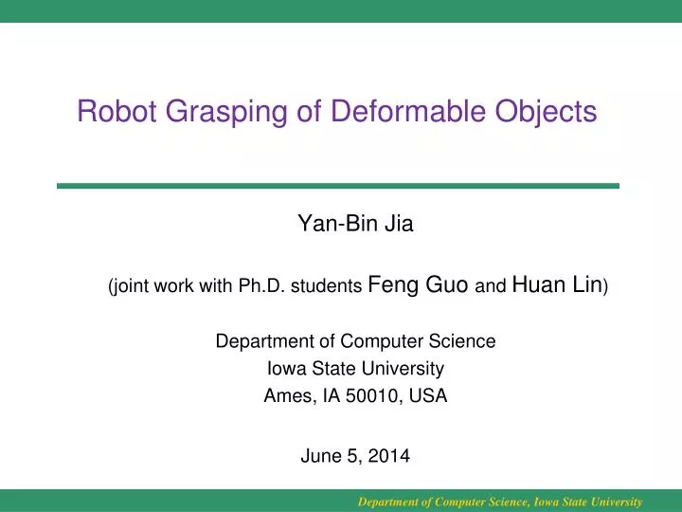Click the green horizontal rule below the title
coord(337,186)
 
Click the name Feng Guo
coord(418,284)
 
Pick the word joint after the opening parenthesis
coord(135,285)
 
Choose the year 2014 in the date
coord(389,456)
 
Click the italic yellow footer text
coord(499,502)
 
